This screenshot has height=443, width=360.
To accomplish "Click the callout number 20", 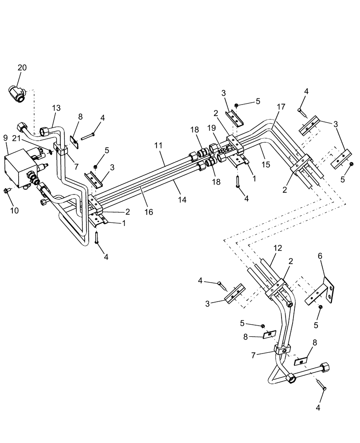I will pyautogui.click(x=22, y=67).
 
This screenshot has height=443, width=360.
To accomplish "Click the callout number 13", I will pyautogui.click(x=56, y=108).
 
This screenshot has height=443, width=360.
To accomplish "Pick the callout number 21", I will pyautogui.click(x=16, y=139).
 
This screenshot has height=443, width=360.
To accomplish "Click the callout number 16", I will pyautogui.click(x=149, y=212).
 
